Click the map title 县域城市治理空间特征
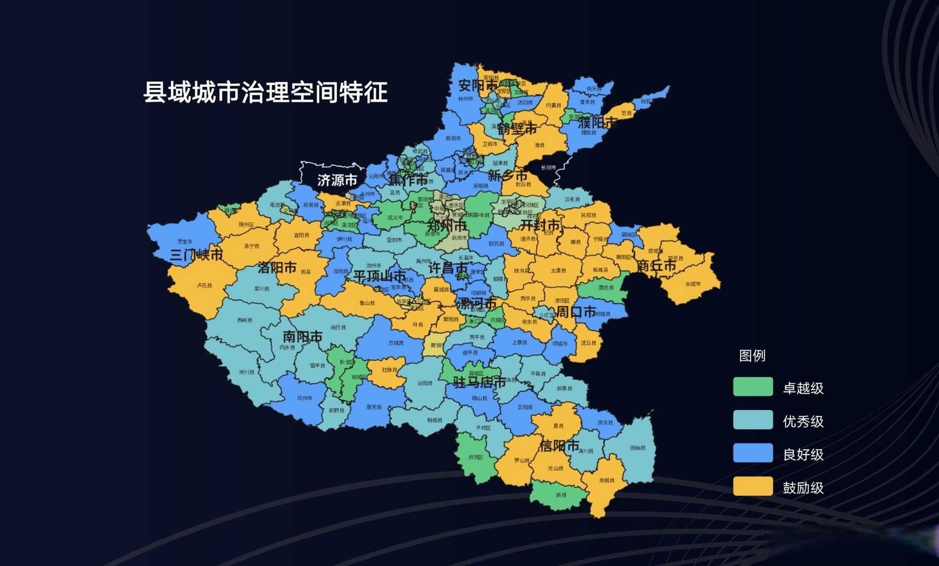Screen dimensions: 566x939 [266, 92]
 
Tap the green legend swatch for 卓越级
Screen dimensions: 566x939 [753, 386]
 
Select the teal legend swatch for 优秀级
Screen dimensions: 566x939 [753, 420]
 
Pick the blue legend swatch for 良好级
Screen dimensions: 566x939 [753, 453]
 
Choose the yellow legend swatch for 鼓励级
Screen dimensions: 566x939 [753, 486]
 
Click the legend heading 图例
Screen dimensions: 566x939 [752, 356]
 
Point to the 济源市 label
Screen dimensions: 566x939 [337, 180]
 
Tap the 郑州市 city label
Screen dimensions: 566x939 [447, 226]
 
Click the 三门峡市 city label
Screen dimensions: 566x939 [196, 255]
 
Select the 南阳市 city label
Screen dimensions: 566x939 [303, 337]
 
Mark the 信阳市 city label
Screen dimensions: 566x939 [559, 445]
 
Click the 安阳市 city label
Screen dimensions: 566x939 [478, 85]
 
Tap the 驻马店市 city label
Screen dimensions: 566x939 [479, 382]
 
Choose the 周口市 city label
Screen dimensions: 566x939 [576, 312]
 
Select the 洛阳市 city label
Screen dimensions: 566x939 [277, 268]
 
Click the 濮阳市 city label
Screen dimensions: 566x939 [597, 122]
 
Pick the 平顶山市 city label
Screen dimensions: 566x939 [380, 276]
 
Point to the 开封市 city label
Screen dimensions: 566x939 [540, 225]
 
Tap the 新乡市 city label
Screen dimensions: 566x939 [508, 176]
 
